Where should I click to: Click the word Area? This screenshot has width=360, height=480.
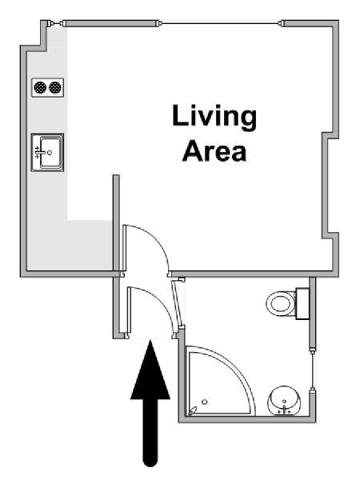pos(214,150)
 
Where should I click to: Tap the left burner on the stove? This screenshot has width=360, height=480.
pos(40,87)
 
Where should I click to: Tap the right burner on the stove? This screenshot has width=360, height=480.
pos(55,87)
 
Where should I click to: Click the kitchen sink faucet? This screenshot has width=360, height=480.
pos(39,152)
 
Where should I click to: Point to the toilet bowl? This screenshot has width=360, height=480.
pos(281,304)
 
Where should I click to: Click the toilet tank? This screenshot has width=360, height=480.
pos(302,303)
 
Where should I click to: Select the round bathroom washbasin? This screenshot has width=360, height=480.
pos(285,401)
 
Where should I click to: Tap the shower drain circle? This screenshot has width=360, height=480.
pos(205,402)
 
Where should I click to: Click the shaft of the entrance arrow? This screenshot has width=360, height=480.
pos(150,432)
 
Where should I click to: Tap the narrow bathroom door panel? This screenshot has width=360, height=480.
pos(178,303)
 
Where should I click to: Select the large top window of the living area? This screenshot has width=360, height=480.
pos(221,23)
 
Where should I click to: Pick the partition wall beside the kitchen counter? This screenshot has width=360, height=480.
pos(116,223)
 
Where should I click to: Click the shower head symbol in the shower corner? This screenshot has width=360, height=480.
pos(193,410)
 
